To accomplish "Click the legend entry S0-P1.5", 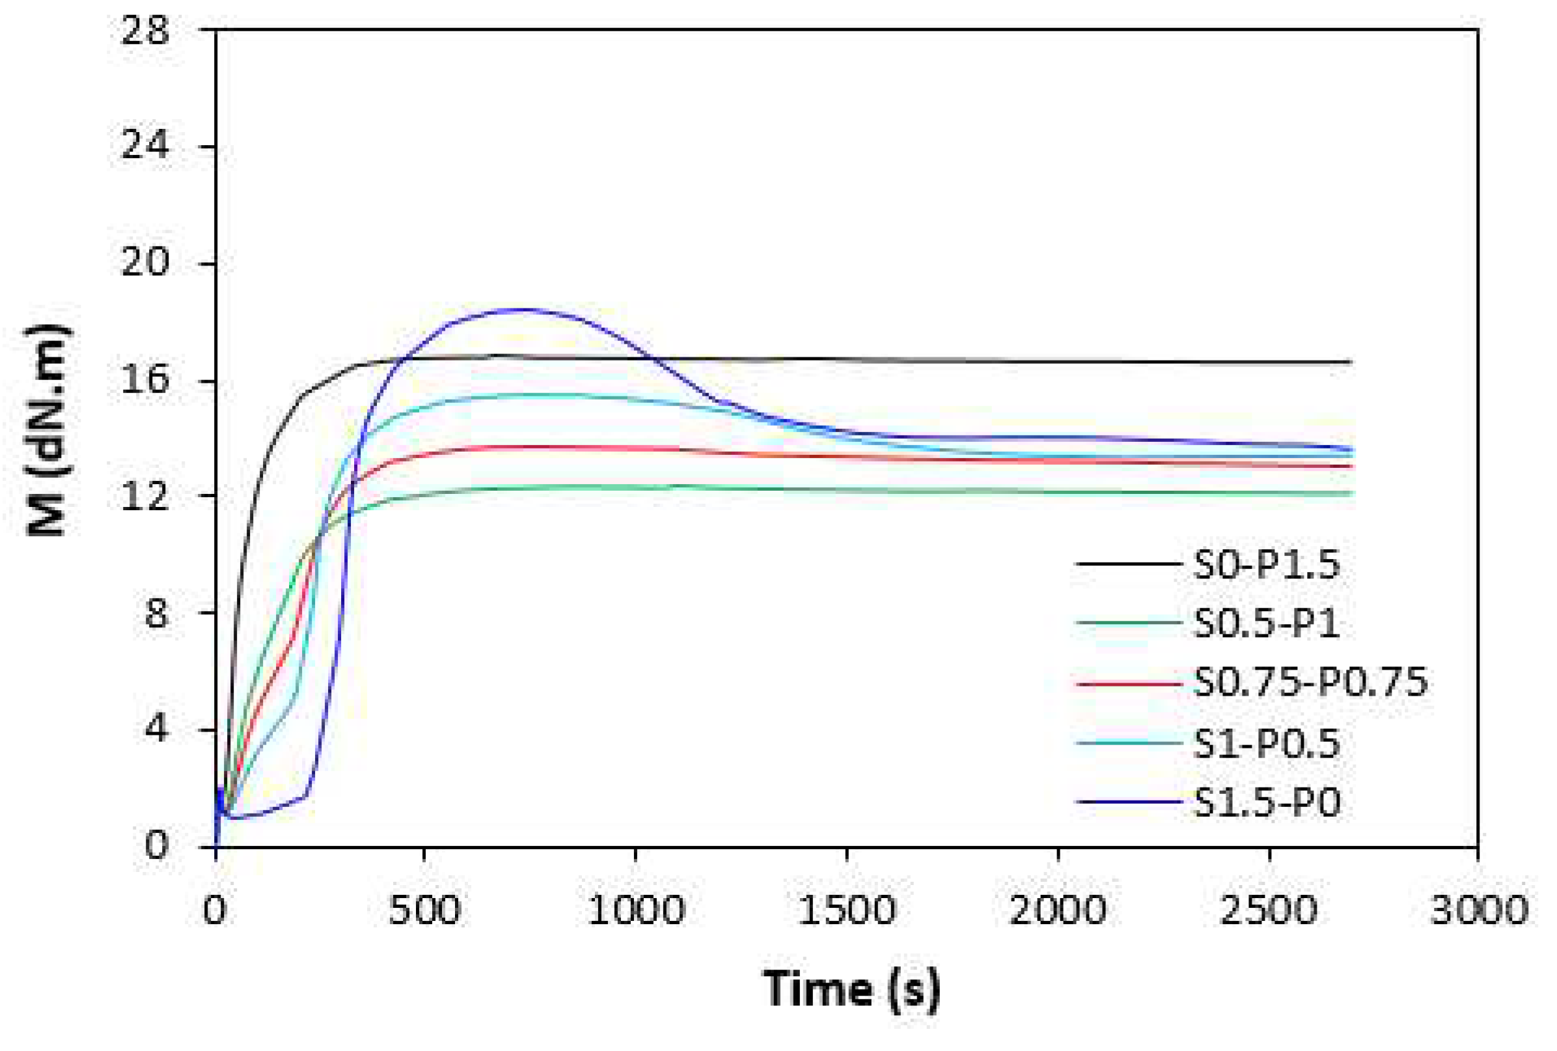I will pyautogui.click(x=1265, y=565).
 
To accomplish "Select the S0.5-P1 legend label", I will pyautogui.click(x=1265, y=623).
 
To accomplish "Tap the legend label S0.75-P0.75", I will pyautogui.click(x=1310, y=683).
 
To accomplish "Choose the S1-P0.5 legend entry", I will pyautogui.click(x=1265, y=743).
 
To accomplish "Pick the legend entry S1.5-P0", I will pyautogui.click(x=1267, y=802).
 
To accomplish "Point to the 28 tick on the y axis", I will pyautogui.click(x=145, y=31).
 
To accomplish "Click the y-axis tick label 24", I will pyautogui.click(x=145, y=145).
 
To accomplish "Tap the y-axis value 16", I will pyautogui.click(x=145, y=380).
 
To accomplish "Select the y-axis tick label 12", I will pyautogui.click(x=145, y=497).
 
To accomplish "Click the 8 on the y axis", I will pyautogui.click(x=156, y=613).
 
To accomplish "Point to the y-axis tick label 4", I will pyautogui.click(x=156, y=730).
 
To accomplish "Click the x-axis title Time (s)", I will pyautogui.click(x=851, y=989).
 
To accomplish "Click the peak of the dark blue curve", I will pyautogui.click(x=519, y=310).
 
